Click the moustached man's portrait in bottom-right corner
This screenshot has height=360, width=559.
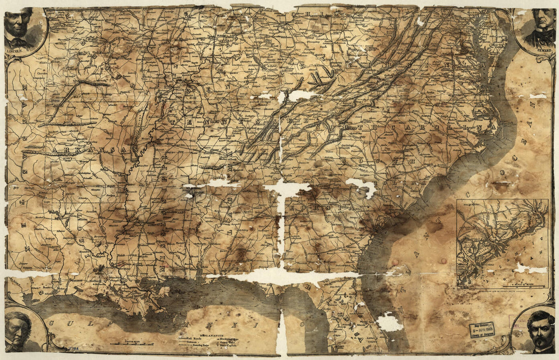pos(539,330)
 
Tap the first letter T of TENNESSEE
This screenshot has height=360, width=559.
pos(175,123)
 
